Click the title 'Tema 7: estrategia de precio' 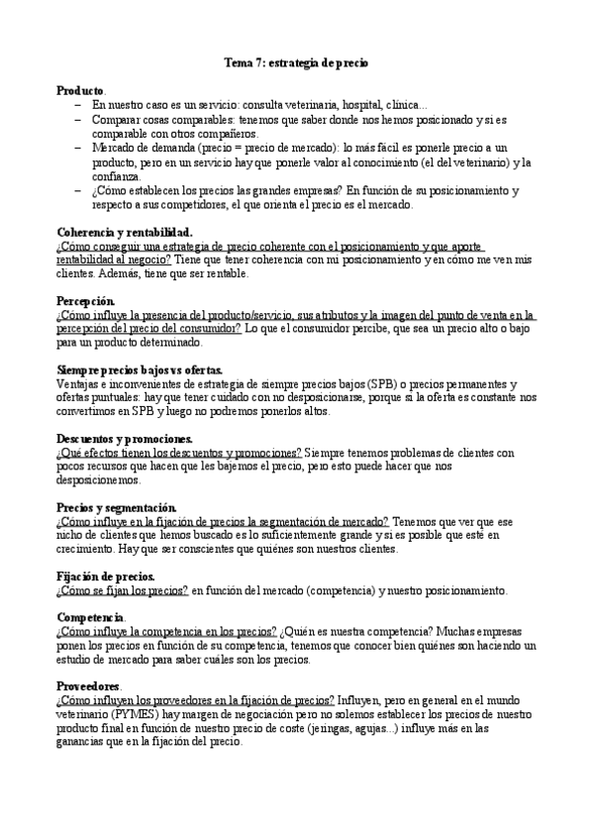pos(296,62)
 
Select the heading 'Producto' pos(80,90)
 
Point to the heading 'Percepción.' pos(86,300)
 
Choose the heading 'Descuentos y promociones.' pos(125,438)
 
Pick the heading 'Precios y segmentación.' pos(117,506)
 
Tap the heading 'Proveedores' pos(89,685)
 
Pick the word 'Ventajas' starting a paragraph pos(79,383)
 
